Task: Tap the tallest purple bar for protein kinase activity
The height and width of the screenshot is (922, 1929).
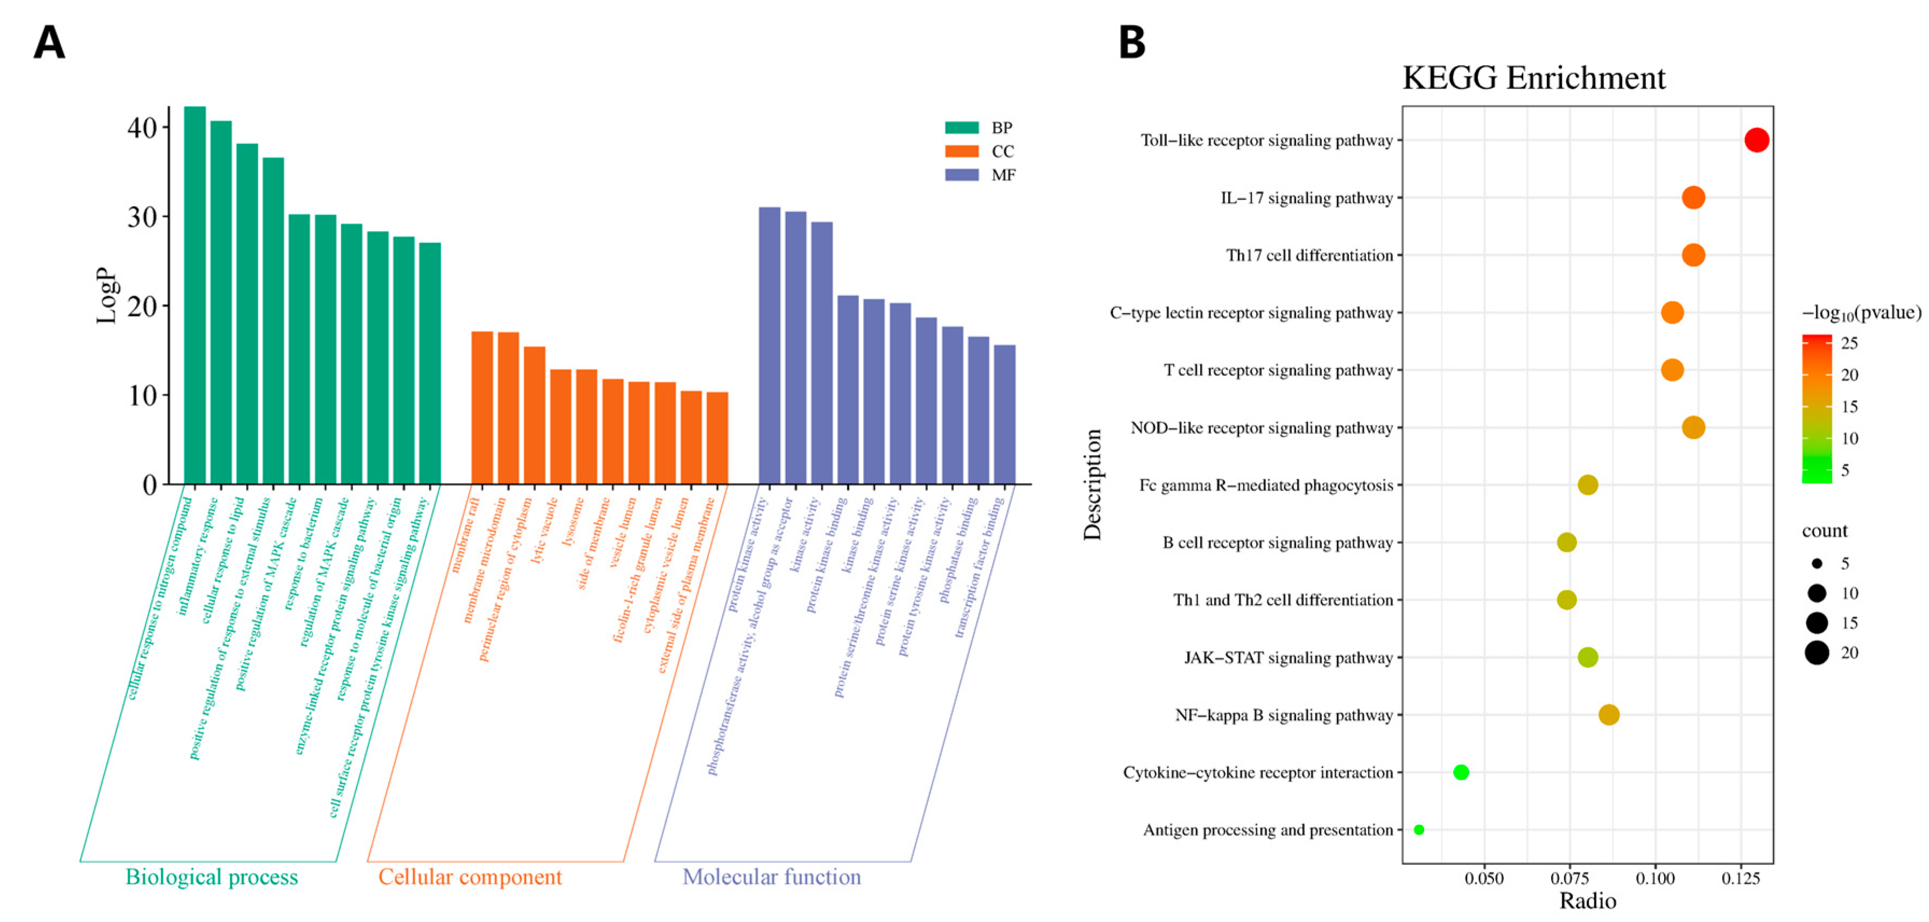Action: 769,345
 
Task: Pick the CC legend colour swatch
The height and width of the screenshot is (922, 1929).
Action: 961,151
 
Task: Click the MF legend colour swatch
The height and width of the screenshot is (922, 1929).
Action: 961,174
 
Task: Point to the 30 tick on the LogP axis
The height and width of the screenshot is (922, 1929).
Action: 142,217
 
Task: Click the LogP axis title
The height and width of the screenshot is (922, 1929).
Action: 107,295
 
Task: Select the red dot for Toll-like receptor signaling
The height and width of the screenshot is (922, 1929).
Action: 1756,140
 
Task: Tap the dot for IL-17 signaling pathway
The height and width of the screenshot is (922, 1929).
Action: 1693,198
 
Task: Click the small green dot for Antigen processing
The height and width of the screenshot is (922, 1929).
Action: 1418,829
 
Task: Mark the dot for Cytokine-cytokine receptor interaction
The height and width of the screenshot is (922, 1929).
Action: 1460,772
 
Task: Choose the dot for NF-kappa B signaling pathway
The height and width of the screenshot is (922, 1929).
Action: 1609,715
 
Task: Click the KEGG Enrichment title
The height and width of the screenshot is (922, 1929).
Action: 1533,78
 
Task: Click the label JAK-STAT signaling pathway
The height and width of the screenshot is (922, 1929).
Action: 1288,658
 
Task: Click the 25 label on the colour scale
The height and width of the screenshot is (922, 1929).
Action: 1849,343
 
